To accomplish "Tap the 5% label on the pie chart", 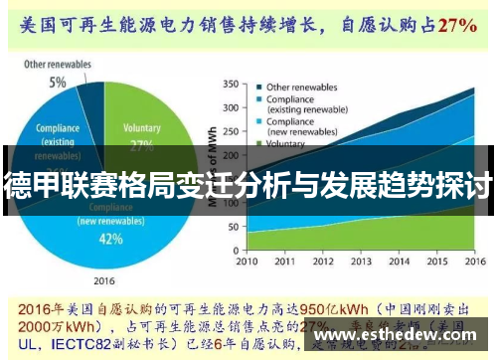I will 58,82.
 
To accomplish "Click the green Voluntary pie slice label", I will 141,128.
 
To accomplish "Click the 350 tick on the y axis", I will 230,84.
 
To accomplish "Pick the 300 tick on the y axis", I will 230,107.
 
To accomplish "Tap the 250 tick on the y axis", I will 230,131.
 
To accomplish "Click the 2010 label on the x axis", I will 247,264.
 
